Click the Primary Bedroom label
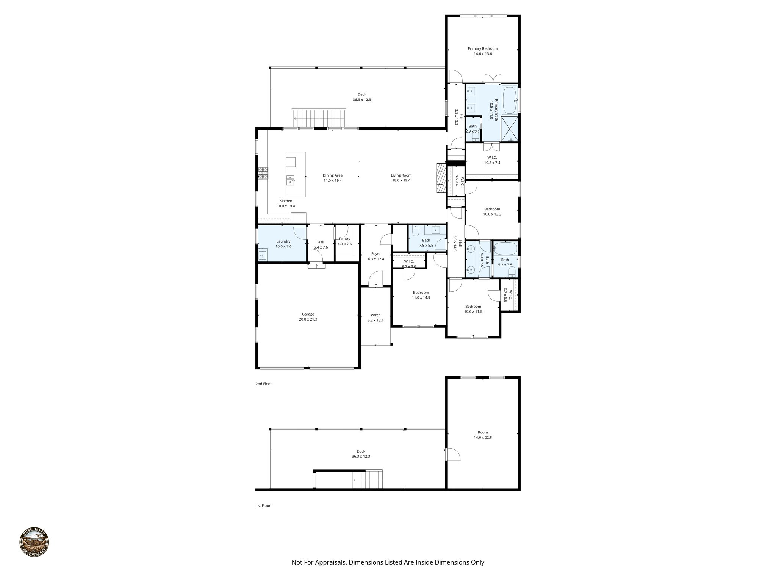coord(482,48)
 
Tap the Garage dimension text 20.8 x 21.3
coord(308,319)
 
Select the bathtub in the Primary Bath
coord(510,100)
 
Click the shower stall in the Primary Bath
coord(510,129)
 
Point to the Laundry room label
coord(283,241)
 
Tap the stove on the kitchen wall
coord(263,173)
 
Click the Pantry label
coord(344,239)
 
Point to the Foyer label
coord(375,254)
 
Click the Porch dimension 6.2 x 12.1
coord(375,321)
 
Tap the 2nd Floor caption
coord(263,384)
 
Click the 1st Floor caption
coord(263,505)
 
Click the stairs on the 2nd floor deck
coord(319,118)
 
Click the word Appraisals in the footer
coord(329,562)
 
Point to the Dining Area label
coord(332,175)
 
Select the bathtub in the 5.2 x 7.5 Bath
coord(505,249)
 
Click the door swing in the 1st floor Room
coord(453,455)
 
